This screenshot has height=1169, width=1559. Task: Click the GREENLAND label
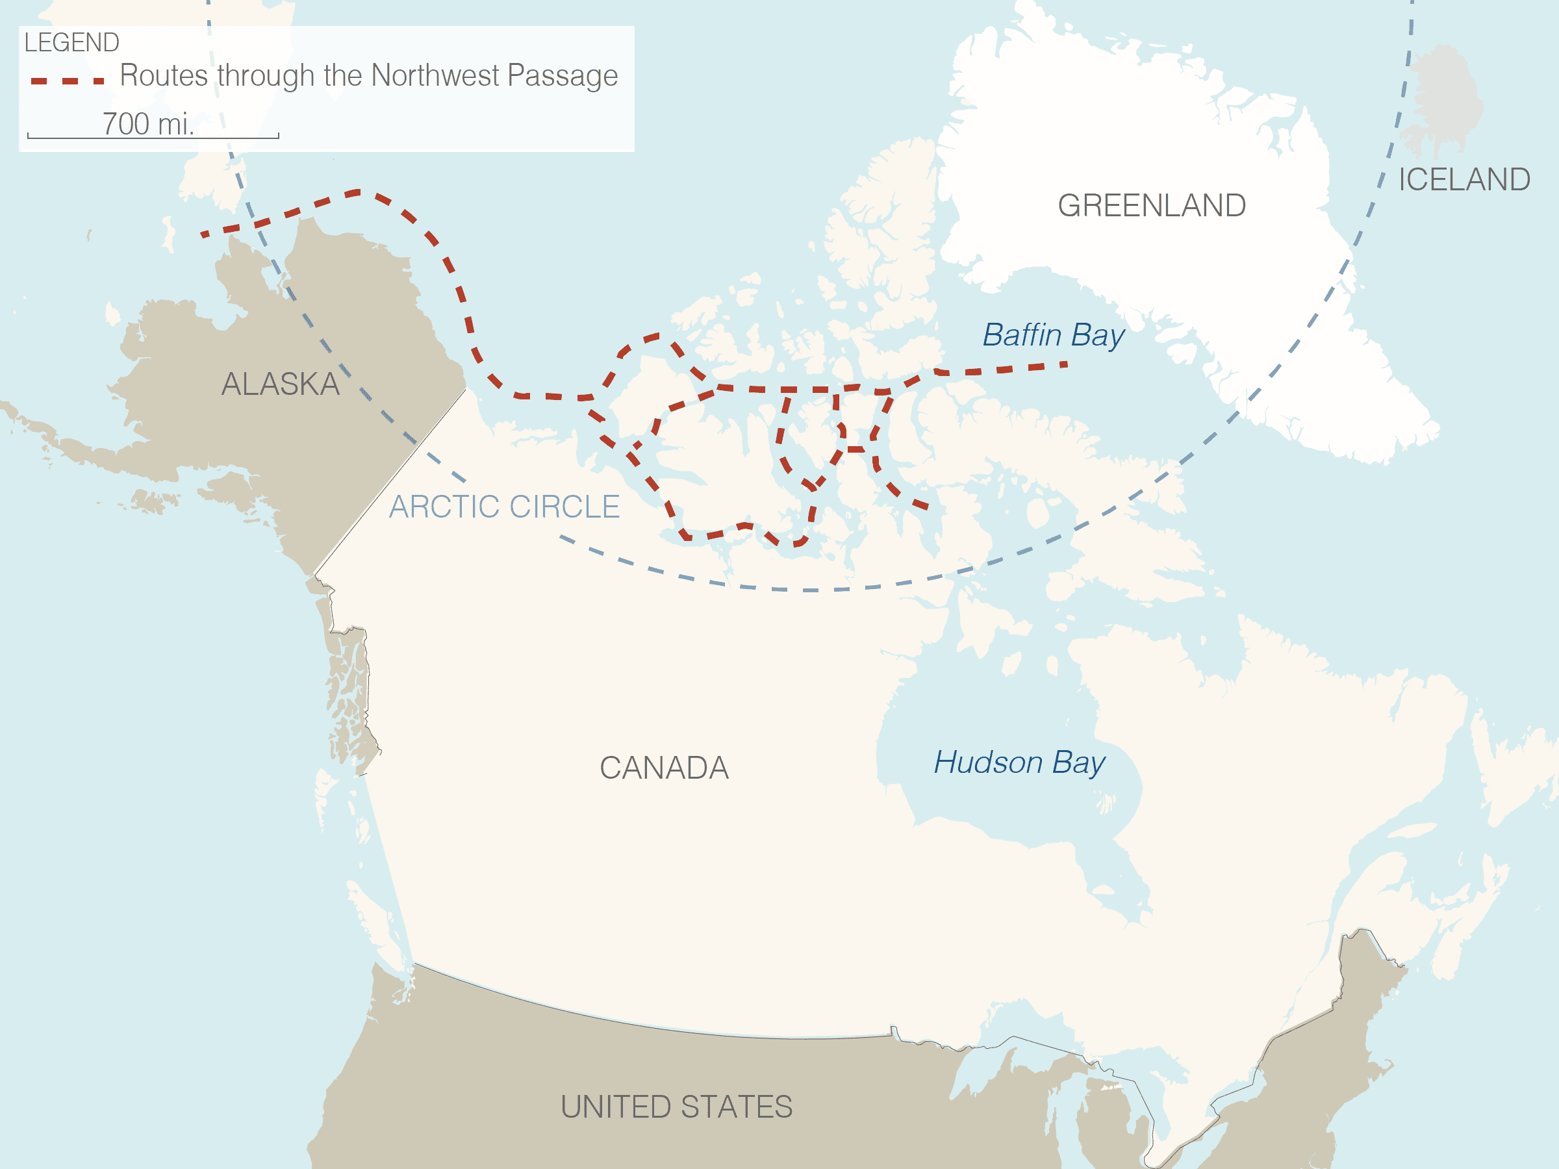click(1152, 206)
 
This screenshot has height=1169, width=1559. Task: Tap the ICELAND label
click(1464, 180)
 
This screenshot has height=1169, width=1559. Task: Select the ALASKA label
click(281, 384)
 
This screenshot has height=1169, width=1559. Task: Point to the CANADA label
click(664, 768)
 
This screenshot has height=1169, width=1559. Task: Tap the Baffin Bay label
click(1053, 335)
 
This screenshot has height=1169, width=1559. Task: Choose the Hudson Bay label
click(1019, 763)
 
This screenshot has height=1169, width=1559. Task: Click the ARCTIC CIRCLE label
click(505, 507)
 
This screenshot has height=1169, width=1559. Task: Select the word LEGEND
click(72, 43)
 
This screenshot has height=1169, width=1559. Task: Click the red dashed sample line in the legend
click(68, 81)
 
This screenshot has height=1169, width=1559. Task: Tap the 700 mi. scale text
click(148, 124)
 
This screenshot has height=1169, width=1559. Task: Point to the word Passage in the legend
click(562, 76)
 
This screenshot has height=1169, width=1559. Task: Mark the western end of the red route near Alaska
click(203, 234)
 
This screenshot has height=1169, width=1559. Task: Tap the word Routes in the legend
click(164, 75)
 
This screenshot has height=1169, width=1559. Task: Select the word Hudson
click(988, 763)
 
